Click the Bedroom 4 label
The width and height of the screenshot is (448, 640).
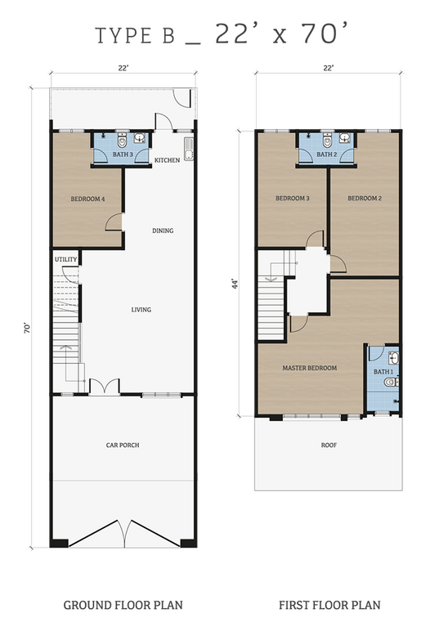click(87, 199)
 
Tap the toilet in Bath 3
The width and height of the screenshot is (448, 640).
click(122, 141)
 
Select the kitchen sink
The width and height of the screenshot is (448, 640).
click(189, 149)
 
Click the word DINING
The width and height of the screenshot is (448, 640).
click(163, 230)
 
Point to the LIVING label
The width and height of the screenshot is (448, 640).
click(141, 310)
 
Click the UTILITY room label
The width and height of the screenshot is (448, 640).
click(65, 260)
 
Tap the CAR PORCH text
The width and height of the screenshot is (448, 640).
click(123, 445)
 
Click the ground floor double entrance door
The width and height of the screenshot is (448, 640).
click(105, 387)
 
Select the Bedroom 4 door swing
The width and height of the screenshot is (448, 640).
click(114, 222)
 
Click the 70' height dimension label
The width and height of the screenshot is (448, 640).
click(27, 328)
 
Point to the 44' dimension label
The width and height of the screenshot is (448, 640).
click(234, 284)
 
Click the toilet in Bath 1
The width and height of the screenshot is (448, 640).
click(391, 382)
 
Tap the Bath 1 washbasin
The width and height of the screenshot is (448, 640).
click(393, 358)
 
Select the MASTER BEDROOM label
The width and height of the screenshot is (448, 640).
click(310, 368)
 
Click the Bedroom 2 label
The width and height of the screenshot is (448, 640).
click(365, 199)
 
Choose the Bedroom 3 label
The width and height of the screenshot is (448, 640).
click(293, 199)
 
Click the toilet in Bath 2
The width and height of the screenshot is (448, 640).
click(327, 141)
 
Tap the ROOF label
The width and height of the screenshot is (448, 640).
click(329, 445)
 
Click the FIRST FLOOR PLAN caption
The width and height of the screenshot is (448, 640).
click(329, 605)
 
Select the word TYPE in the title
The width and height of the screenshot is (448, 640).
click(124, 35)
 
